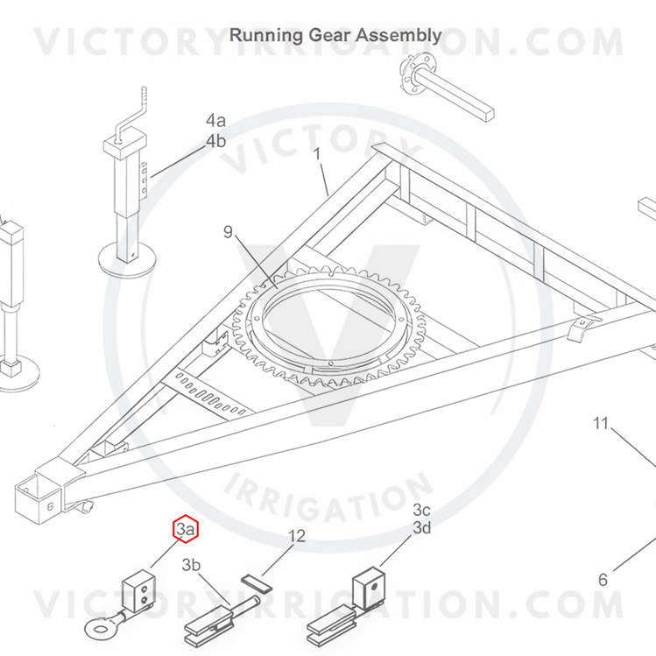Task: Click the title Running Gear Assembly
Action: (x=335, y=36)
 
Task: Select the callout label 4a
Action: (x=215, y=121)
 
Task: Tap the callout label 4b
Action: (x=215, y=140)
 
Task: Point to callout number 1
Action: (x=317, y=154)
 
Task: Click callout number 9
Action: (x=229, y=232)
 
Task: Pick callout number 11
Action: (x=600, y=424)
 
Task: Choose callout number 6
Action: (x=603, y=580)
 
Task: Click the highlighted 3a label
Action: (x=186, y=530)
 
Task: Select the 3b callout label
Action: (x=192, y=565)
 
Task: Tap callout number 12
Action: (x=297, y=536)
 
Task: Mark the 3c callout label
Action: (x=422, y=510)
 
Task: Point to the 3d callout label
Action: (x=422, y=528)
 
